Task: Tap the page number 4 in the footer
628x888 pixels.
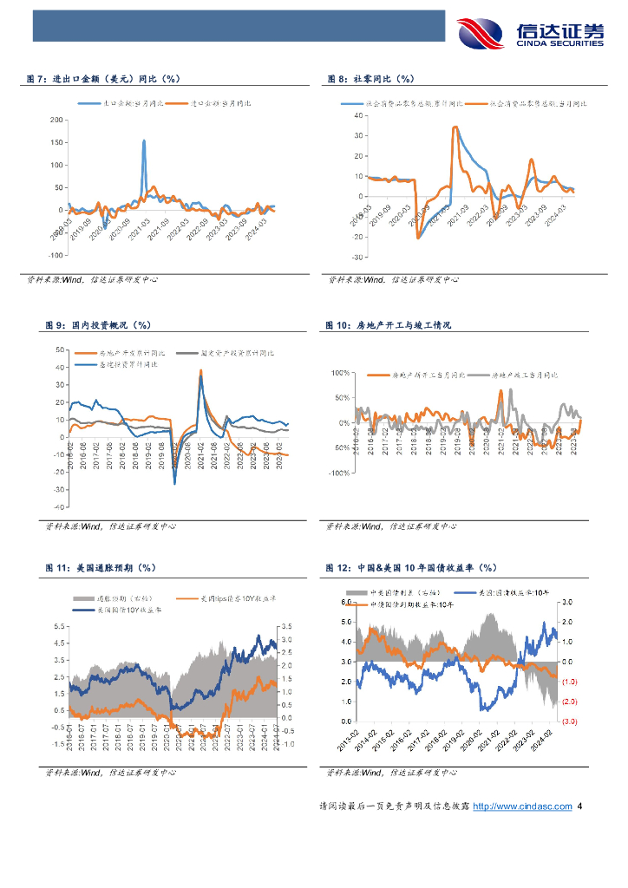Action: click(x=579, y=806)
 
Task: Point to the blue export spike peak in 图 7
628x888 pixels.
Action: click(x=143, y=140)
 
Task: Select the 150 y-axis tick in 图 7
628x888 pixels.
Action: click(x=58, y=141)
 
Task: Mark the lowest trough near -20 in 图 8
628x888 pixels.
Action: click(x=418, y=238)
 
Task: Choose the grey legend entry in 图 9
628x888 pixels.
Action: click(x=225, y=353)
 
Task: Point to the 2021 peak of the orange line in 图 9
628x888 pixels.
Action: click(x=201, y=371)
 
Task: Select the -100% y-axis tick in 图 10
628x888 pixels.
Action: click(x=339, y=473)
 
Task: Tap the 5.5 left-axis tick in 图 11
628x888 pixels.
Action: click(x=59, y=626)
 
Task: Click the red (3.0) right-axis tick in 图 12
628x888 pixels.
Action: click(x=569, y=721)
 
